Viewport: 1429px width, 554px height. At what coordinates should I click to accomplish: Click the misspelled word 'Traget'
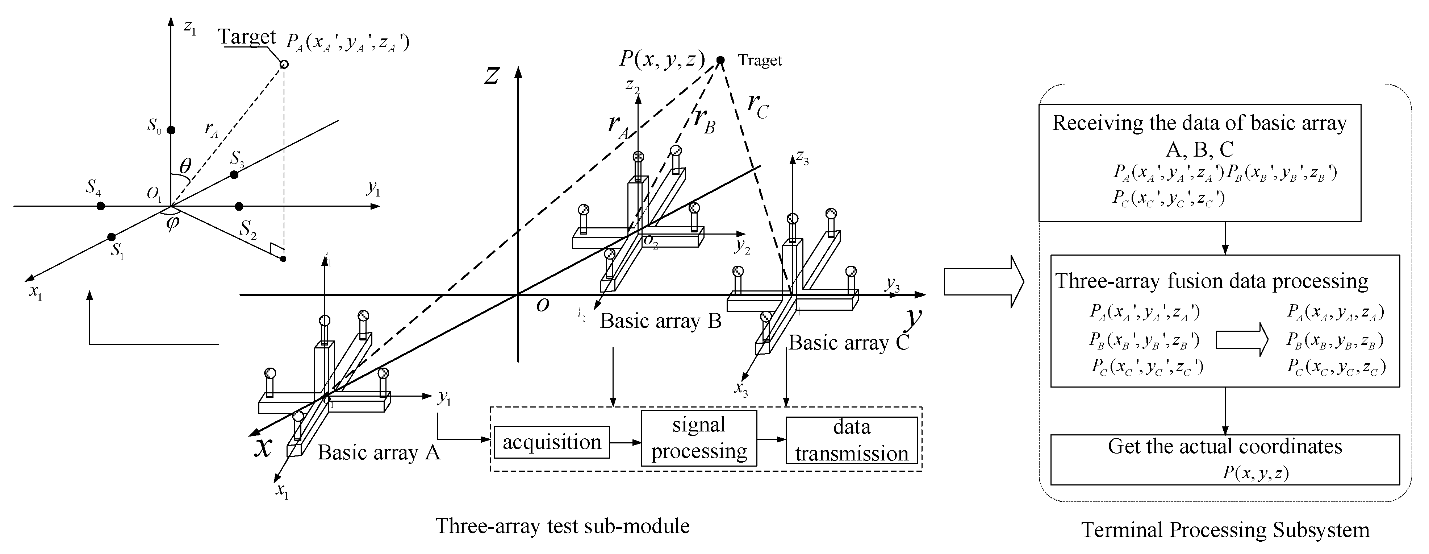coord(760,61)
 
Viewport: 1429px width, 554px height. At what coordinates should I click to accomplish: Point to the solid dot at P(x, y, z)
coord(720,60)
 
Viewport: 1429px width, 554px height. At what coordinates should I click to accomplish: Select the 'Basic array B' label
coord(660,321)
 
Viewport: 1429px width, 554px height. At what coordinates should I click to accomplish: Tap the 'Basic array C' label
coord(849,343)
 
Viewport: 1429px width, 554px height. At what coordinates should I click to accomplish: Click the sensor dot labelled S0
coord(171,130)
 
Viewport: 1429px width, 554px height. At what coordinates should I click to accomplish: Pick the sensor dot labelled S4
coord(100,206)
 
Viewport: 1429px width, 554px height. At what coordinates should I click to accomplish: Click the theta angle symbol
coord(186,165)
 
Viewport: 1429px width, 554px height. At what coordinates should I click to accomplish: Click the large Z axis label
coord(492,76)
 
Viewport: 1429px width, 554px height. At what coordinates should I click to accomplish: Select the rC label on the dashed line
coord(758,106)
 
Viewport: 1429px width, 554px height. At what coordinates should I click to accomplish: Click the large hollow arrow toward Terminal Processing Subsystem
coord(983,281)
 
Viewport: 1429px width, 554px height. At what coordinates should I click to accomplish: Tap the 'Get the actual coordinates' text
coord(1225,446)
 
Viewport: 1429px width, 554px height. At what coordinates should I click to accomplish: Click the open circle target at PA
coord(284,65)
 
